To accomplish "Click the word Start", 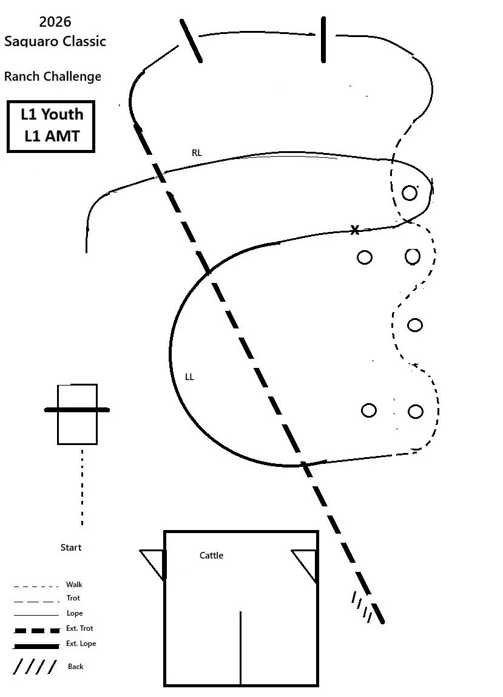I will pos(70,548).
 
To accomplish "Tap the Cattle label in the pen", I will pos(211,556).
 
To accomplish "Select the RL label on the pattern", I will pos(197,153).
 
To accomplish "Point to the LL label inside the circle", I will pos(189,377).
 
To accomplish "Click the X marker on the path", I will pos(355,230).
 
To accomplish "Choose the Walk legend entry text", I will pos(74,585).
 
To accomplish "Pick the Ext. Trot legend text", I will pos(79,628).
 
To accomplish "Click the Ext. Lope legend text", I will pos(81,644).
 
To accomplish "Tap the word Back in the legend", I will pos(76,667).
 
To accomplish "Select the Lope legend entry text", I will pos(75,613).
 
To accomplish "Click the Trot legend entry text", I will pos(73,598).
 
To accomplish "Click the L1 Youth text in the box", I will pos(52,114).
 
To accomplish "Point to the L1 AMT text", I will pos(52,136).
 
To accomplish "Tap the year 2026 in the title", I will pos(55,22).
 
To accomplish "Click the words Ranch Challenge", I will pos(53,76).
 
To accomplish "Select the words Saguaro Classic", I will pos(55,41).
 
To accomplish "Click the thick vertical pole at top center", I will pos(323,39).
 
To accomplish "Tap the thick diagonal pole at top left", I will pos(191,41).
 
